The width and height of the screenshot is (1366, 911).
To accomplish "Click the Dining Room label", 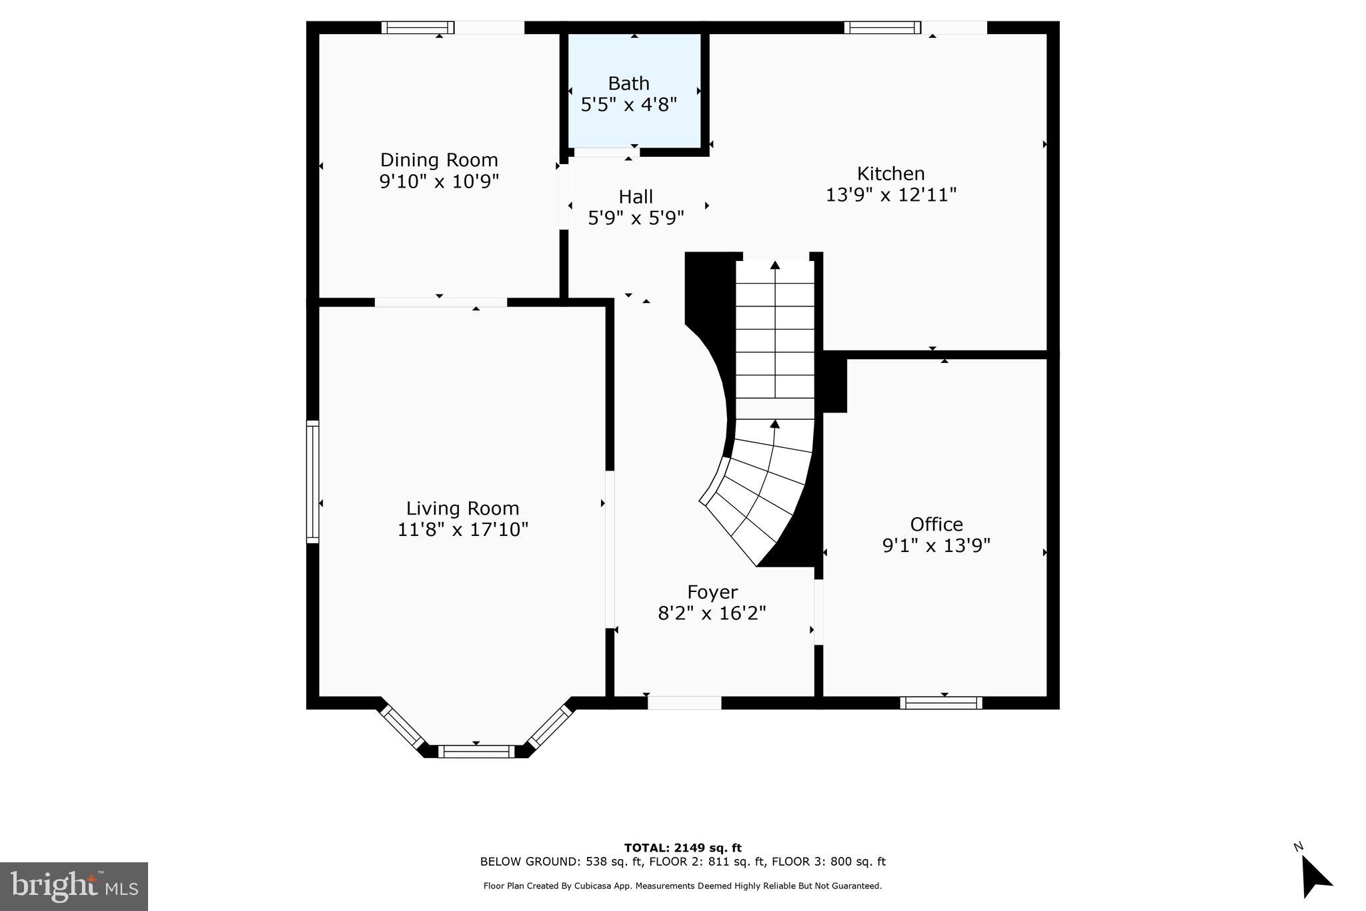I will [439, 160].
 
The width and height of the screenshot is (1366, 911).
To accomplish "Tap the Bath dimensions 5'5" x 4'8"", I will [629, 105].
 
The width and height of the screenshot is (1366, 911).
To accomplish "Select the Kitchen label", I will [890, 174].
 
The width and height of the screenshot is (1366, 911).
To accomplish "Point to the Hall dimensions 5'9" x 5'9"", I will [636, 218].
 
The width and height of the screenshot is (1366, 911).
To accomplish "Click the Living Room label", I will [462, 509].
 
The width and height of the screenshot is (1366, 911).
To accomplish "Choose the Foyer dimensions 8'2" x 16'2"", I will [712, 613].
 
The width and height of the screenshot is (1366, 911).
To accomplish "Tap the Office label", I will [936, 524].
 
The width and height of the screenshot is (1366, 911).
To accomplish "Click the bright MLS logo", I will [74, 886].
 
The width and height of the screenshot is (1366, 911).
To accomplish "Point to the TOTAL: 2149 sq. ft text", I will [682, 848].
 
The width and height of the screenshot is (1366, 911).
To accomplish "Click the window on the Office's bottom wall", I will [940, 703].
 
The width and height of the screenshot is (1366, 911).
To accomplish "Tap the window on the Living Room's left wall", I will [312, 481].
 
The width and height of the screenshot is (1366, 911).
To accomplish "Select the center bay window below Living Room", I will [476, 751].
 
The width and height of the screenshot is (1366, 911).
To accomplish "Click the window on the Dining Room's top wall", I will [418, 27].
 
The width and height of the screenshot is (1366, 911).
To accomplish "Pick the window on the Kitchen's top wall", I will [882, 27].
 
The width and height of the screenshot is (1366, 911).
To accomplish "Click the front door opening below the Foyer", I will [684, 703].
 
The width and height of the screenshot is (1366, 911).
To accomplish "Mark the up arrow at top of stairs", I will [775, 266].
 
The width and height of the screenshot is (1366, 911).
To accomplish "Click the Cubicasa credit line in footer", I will [682, 886].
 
